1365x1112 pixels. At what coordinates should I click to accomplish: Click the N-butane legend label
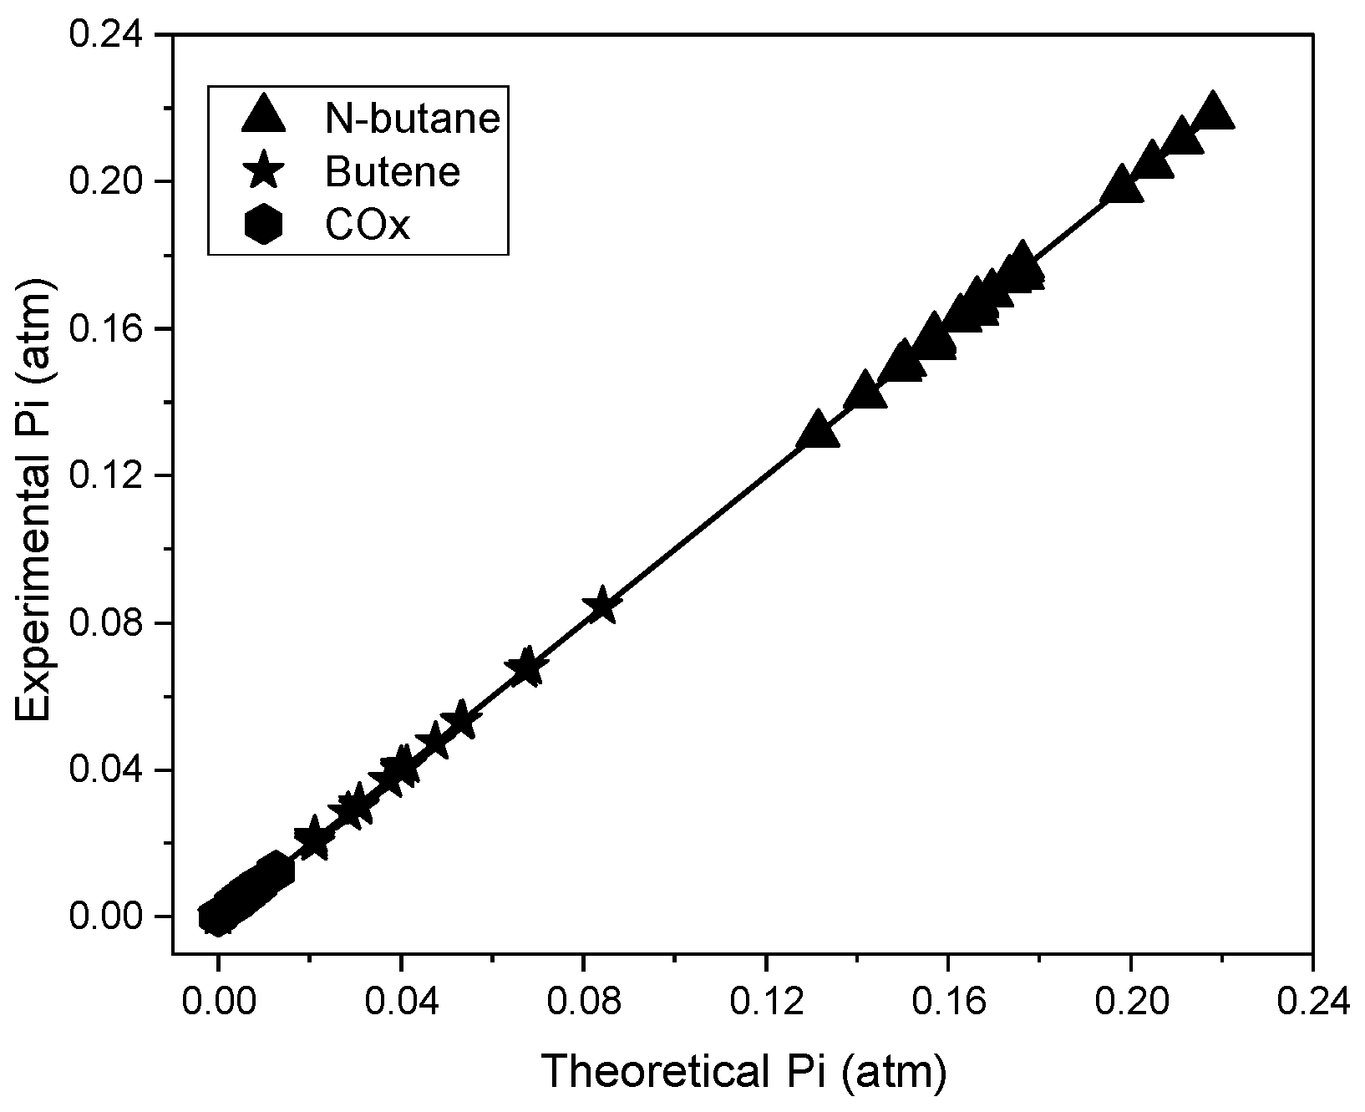click(x=413, y=119)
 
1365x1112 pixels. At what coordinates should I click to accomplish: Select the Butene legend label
click(x=393, y=172)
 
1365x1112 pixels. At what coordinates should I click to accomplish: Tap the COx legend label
click(x=368, y=226)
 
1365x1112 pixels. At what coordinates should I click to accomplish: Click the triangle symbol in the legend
click(x=263, y=115)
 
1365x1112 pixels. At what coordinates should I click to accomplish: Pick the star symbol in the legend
click(x=263, y=172)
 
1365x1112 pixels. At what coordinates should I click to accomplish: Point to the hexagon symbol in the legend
click(x=263, y=226)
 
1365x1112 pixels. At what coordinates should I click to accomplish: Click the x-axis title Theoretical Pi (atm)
click(x=743, y=1073)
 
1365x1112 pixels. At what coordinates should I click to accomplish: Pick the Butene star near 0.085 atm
click(x=602, y=607)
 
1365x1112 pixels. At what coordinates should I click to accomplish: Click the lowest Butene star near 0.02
click(x=314, y=837)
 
